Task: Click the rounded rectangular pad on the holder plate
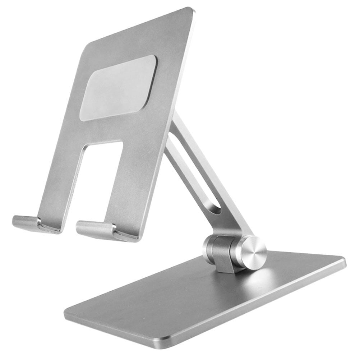click(118, 88)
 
